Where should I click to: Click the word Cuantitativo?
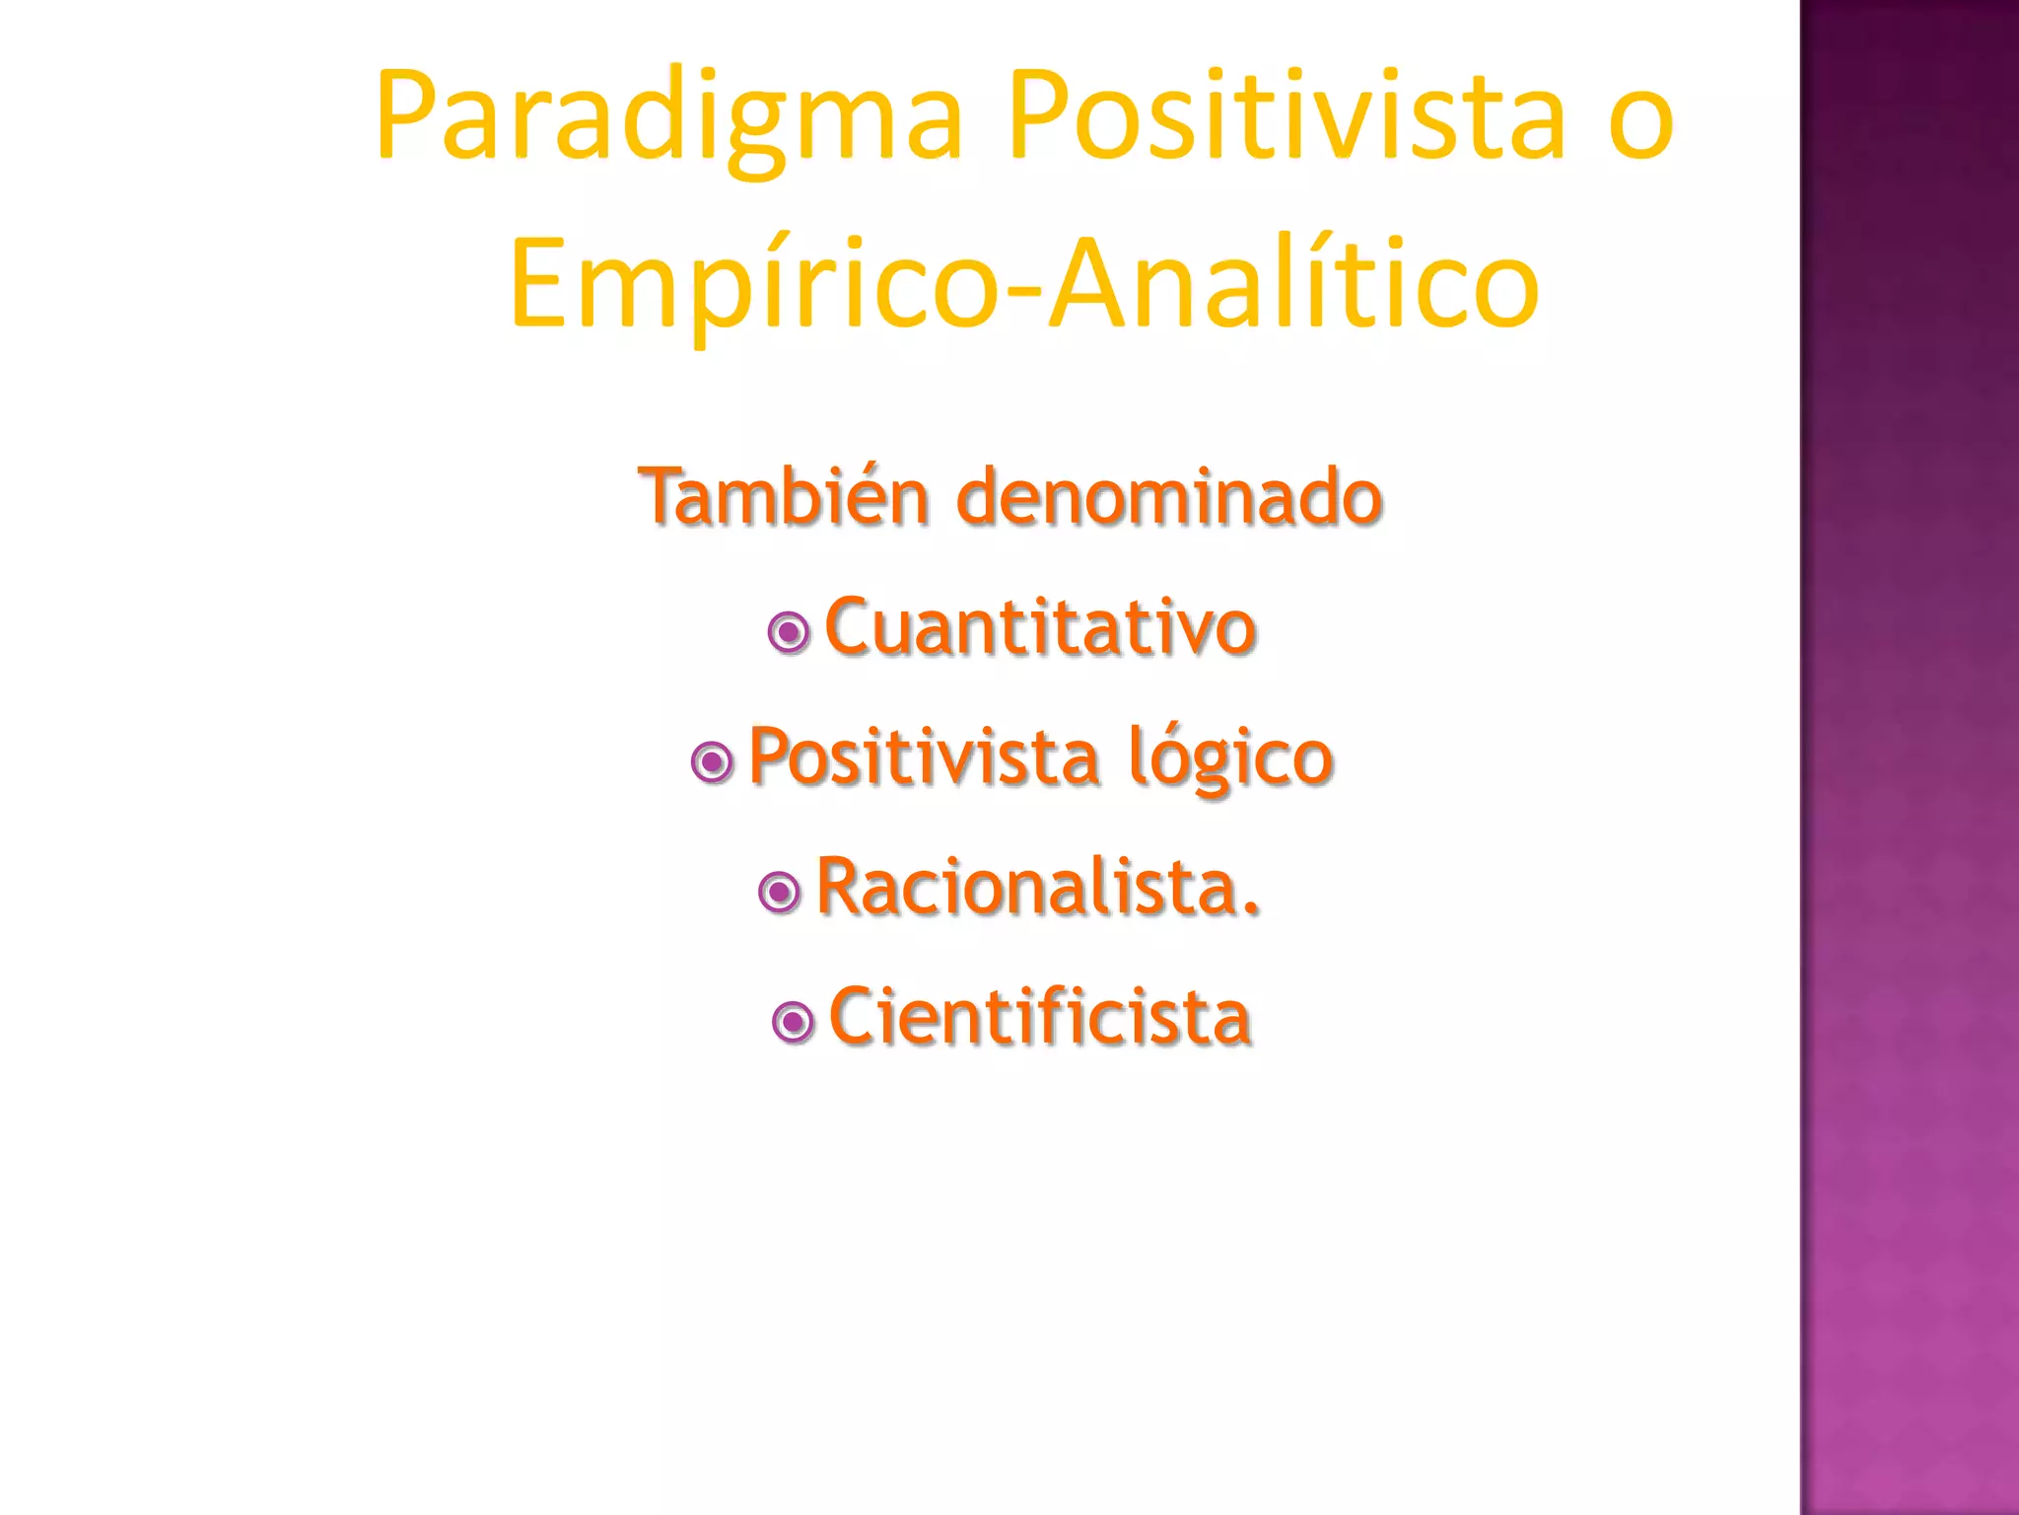[1039, 627]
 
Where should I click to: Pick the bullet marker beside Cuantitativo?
[789, 632]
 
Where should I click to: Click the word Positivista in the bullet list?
[924, 757]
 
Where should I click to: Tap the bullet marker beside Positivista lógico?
[713, 762]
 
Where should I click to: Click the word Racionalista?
[1026, 887]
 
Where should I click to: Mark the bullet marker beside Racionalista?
[780, 893]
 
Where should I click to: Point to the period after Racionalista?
[1251, 909]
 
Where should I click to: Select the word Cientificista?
[1039, 1016]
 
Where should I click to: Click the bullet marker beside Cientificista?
[794, 1022]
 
